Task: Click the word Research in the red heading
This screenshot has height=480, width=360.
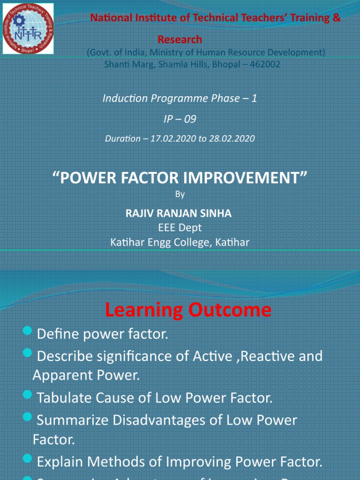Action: point(180,39)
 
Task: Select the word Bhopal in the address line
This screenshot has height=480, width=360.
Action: point(227,64)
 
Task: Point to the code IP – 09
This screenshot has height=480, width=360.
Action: point(180,119)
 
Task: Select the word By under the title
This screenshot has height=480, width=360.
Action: point(180,194)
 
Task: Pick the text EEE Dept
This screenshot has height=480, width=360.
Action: point(180,228)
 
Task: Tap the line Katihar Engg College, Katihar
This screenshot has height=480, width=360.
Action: point(180,242)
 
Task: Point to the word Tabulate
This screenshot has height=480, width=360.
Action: point(63,398)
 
